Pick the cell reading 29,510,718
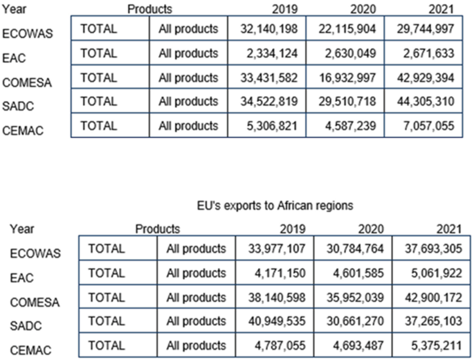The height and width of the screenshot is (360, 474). coord(345,101)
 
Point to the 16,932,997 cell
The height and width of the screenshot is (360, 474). coord(345,77)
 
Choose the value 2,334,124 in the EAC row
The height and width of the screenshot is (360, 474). coord(269,53)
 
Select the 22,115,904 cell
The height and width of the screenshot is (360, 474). coord(345,29)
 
